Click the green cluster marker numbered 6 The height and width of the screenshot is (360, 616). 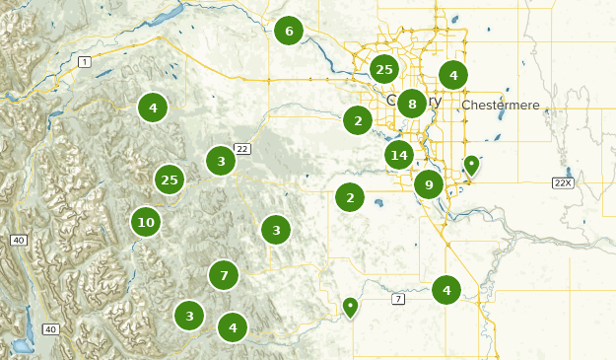click(289, 32)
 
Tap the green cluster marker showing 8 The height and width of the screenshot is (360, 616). click(412, 103)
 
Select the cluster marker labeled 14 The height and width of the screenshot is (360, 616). click(398, 155)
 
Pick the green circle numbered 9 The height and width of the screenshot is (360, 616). click(428, 183)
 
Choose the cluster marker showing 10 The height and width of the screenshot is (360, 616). click(146, 222)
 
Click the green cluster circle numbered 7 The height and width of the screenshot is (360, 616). click(224, 275)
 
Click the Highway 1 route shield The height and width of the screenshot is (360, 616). click(86, 62)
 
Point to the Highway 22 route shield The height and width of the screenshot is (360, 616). click(242, 149)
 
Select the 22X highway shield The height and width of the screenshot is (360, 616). click(563, 182)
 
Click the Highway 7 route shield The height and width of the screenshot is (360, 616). click(398, 298)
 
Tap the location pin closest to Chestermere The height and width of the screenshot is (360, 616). click(472, 166)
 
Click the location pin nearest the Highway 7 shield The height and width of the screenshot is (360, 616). click(350, 307)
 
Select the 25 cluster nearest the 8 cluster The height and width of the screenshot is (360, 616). click(384, 69)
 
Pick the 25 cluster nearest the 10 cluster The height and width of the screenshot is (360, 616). click(170, 180)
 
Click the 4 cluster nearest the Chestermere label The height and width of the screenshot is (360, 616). click(453, 74)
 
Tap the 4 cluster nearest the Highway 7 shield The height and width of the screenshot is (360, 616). click(446, 290)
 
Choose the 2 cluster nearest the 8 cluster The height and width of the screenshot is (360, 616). click(357, 121)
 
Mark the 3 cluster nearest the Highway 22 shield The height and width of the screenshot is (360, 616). click(221, 161)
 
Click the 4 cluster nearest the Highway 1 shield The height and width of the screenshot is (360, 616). click(152, 107)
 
